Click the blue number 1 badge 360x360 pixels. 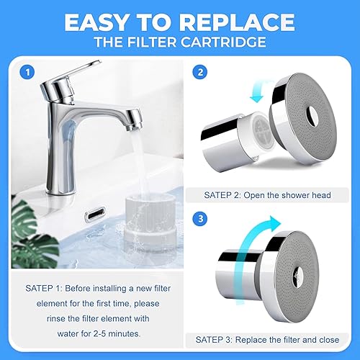[x=27, y=73]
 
